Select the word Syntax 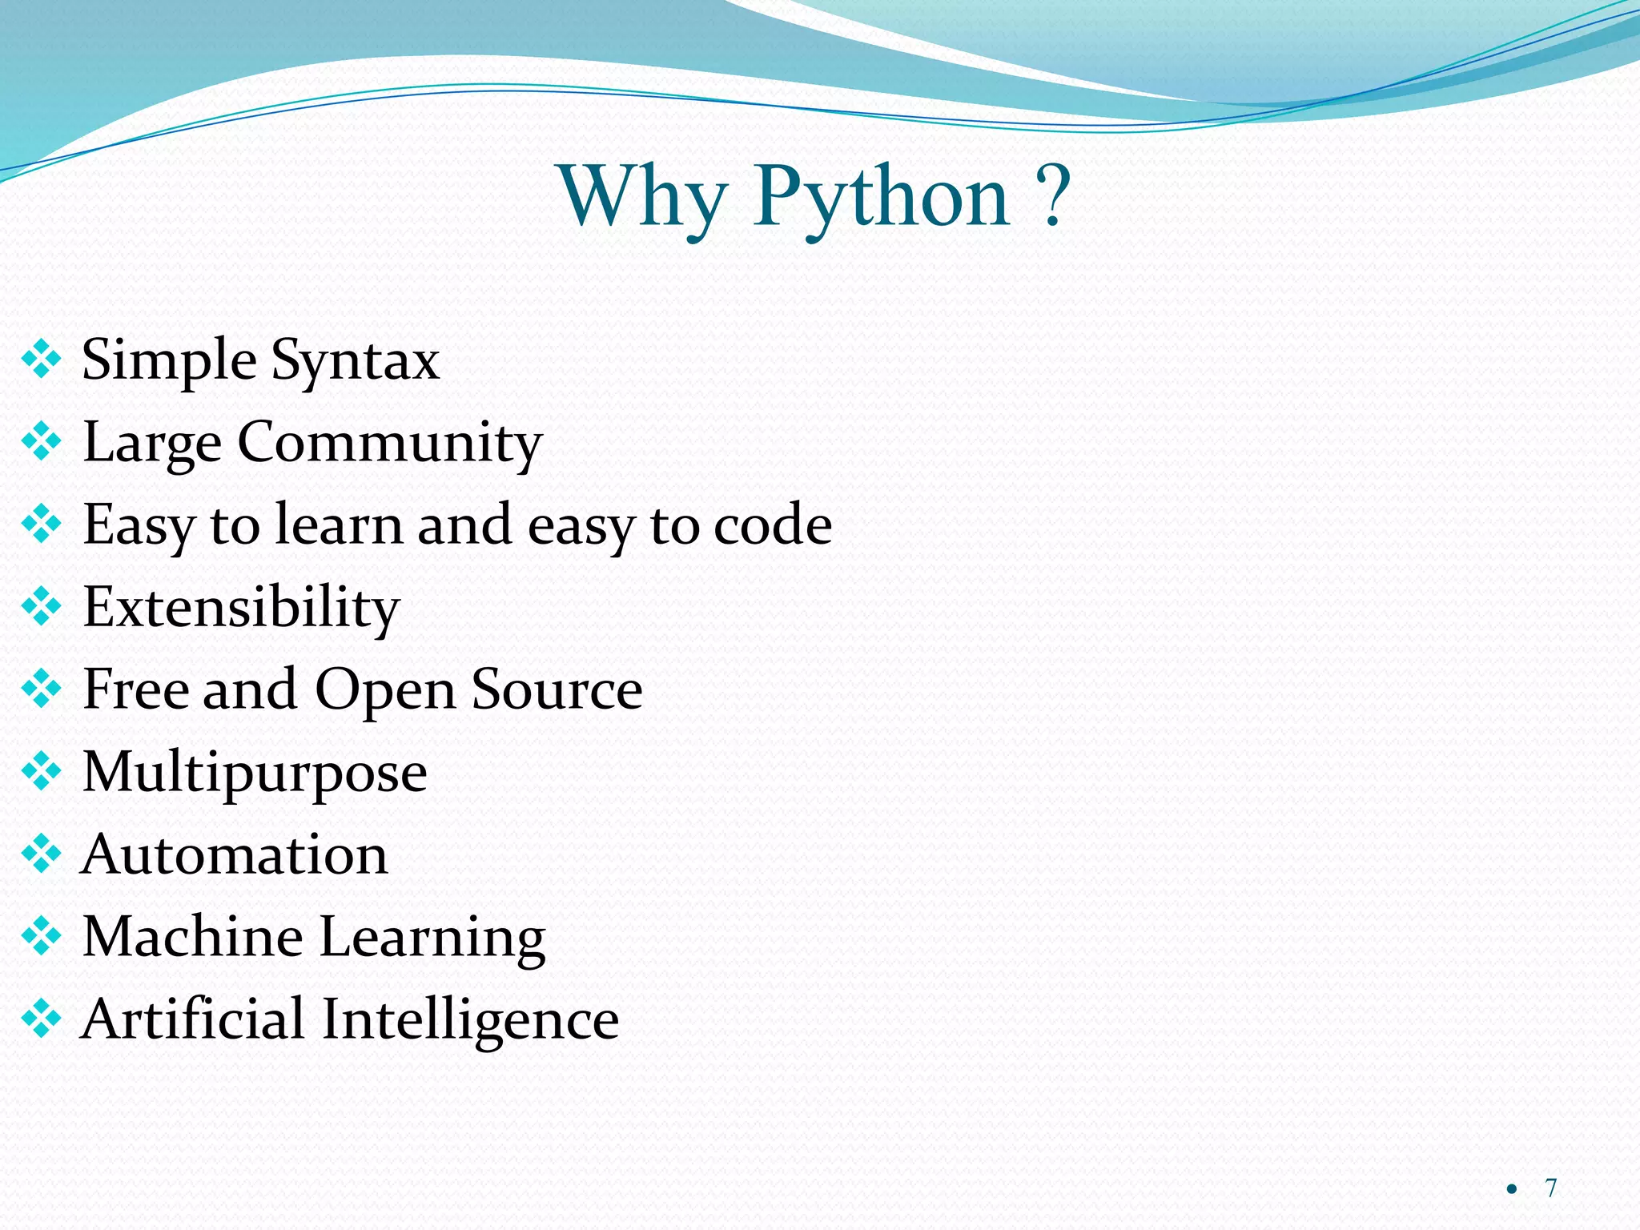(355, 361)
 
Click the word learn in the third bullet (339, 525)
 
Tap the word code (772, 525)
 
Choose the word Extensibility (241, 608)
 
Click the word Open (384, 691)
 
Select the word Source (557, 689)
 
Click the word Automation (235, 854)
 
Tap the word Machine (192, 937)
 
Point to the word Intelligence (470, 1021)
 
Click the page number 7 (1551, 1188)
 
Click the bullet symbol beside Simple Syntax (42, 360)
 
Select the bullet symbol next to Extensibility (42, 607)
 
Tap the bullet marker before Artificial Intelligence (42, 1019)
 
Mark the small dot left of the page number (1511, 1189)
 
